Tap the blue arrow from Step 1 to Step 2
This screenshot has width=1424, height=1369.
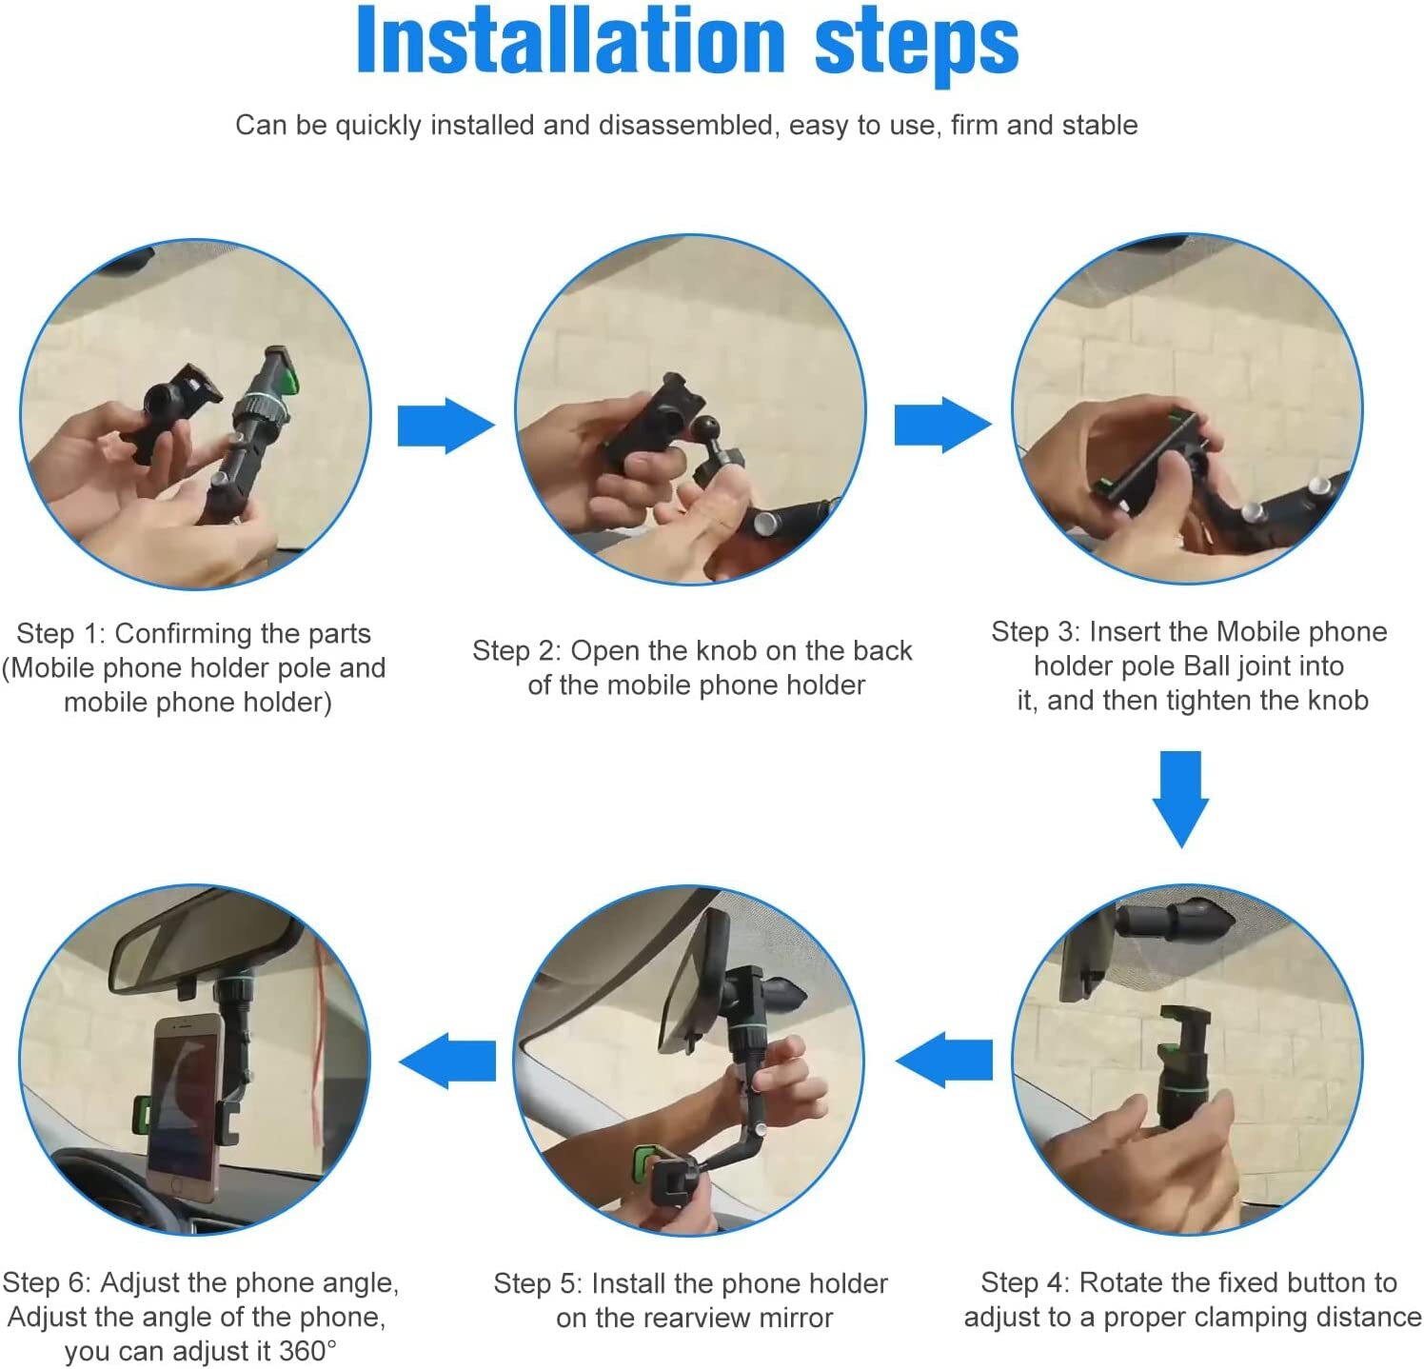coord(446,426)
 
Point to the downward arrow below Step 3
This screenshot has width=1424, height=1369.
coord(1180,799)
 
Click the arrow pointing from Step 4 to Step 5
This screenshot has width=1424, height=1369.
coord(943,1060)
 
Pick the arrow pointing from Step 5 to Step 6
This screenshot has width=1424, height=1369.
coord(447,1061)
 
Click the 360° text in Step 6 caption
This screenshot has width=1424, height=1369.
coord(307,1351)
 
